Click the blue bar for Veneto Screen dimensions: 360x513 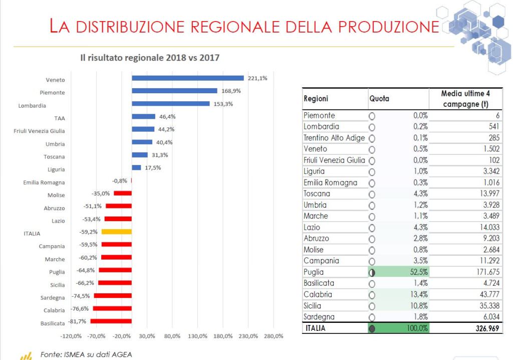coord(187,78)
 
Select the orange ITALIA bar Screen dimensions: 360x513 coord(116,232)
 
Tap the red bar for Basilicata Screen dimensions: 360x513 coord(111,321)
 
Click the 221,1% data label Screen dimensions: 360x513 coord(258,78)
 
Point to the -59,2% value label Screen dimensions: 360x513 coord(89,232)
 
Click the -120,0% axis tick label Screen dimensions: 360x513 coord(71,335)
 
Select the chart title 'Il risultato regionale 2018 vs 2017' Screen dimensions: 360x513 coord(150,58)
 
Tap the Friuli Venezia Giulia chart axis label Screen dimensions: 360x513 coord(39,131)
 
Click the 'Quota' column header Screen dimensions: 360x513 coord(379,99)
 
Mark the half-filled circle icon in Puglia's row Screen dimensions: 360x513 coord(372,273)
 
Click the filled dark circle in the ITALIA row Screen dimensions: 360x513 coord(372,329)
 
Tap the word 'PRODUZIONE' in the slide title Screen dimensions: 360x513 coord(384,26)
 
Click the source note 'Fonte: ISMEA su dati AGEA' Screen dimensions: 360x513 coord(86,354)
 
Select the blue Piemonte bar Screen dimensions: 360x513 coord(174,91)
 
